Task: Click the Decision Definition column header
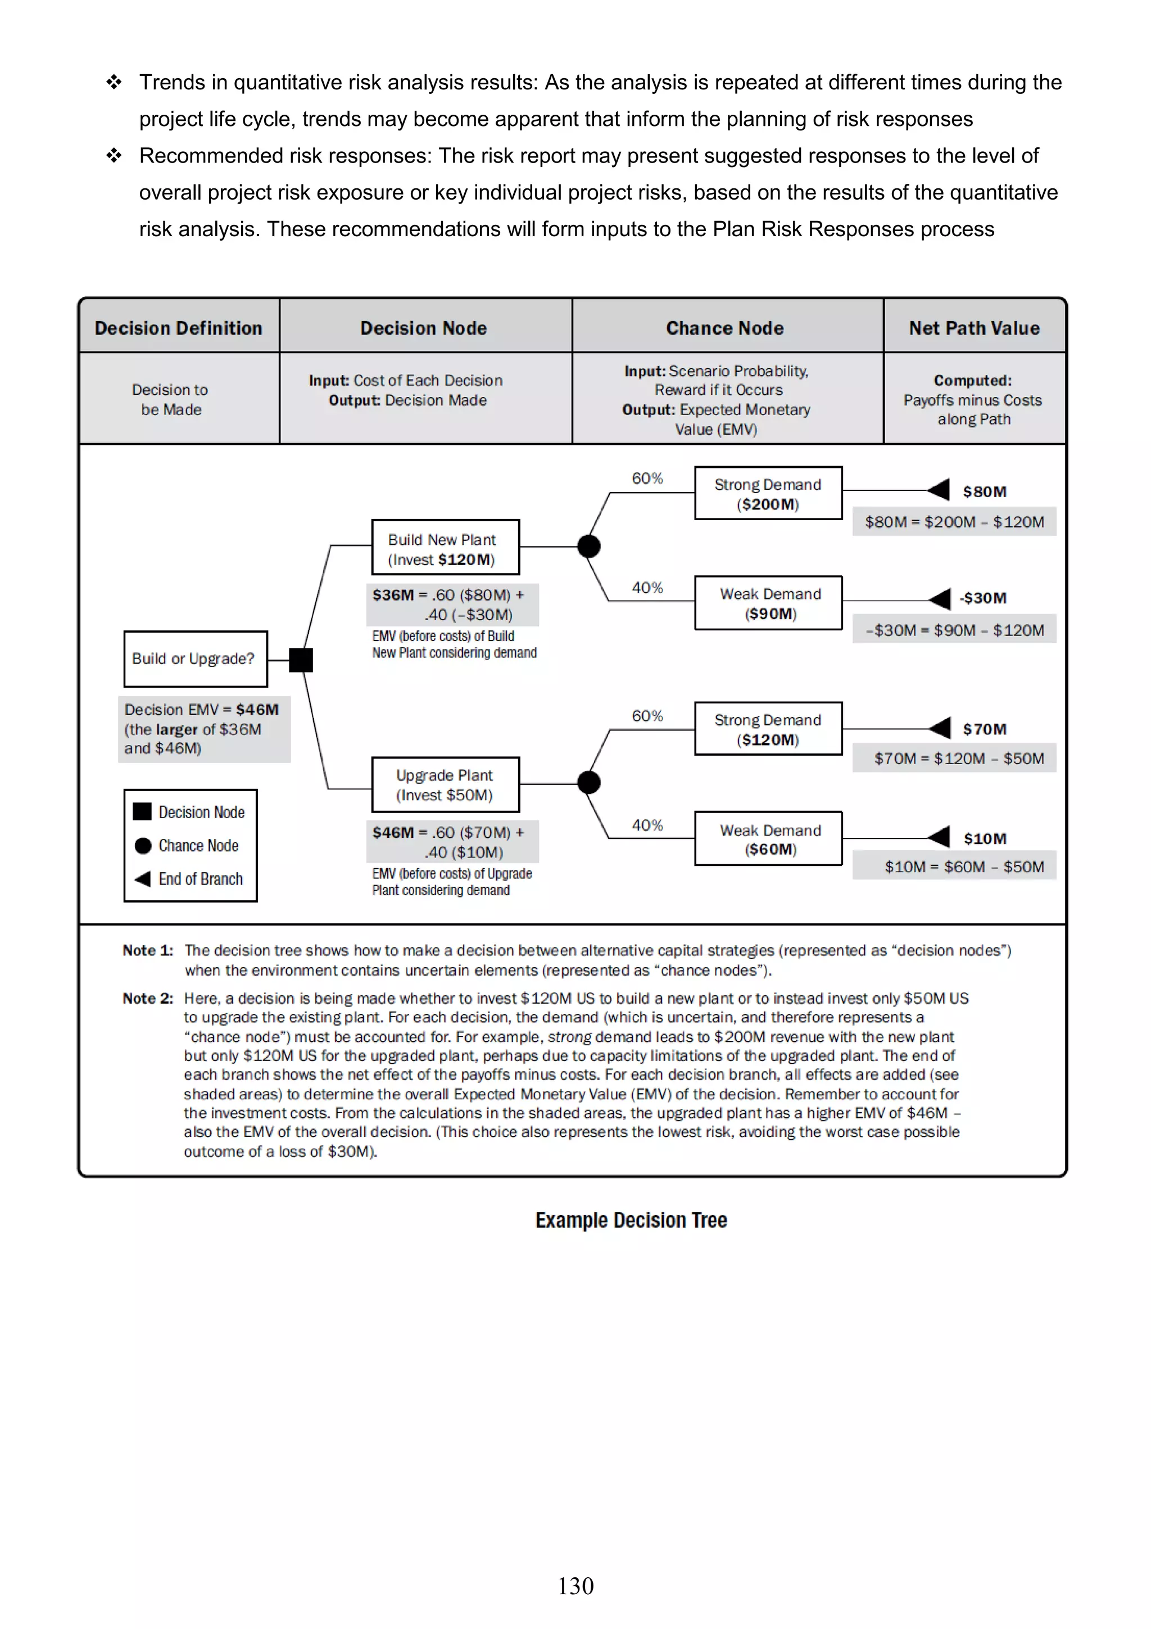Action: [179, 328]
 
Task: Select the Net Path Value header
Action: [974, 328]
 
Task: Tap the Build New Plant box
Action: [445, 548]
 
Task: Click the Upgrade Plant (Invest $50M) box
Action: [445, 785]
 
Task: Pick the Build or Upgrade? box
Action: [195, 658]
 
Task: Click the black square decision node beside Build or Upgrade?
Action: [301, 660]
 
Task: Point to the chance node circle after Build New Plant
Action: [588, 547]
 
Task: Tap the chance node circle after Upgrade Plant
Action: [588, 783]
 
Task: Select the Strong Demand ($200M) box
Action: [768, 493]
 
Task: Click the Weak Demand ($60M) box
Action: [768, 838]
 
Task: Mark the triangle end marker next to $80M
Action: [939, 490]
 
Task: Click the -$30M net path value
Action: [983, 598]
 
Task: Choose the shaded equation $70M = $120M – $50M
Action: [958, 759]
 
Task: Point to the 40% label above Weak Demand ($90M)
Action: [647, 588]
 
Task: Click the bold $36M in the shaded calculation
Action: [393, 594]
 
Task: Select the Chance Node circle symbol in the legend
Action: [143, 845]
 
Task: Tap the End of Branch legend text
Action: [201, 879]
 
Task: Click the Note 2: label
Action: [147, 998]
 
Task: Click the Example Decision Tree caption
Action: [631, 1220]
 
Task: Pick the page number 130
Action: [575, 1586]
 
